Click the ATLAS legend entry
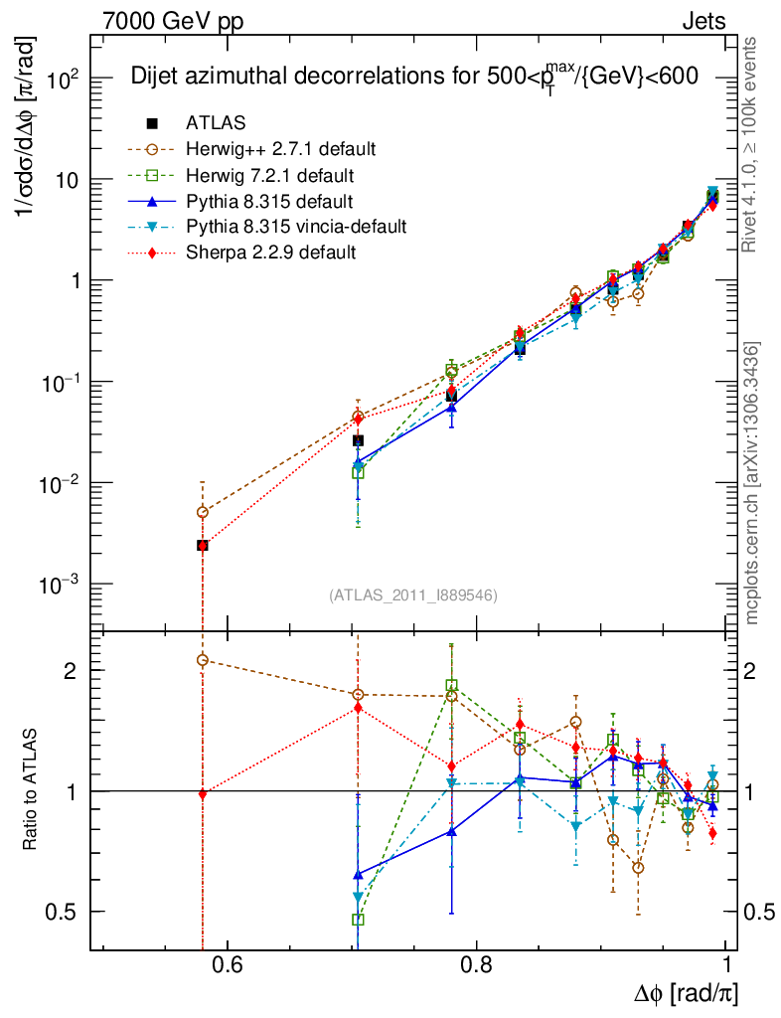pyautogui.click(x=216, y=123)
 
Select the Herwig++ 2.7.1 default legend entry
pyautogui.click(x=281, y=149)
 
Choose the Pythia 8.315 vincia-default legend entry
pyautogui.click(x=296, y=227)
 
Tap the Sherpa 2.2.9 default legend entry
pyautogui.click(x=271, y=253)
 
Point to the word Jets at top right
pyautogui.click(x=703, y=21)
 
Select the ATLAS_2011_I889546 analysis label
pyautogui.click(x=412, y=595)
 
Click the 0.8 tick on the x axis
pyautogui.click(x=476, y=965)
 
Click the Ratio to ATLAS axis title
pyautogui.click(x=32, y=790)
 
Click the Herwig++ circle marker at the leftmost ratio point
pyautogui.click(x=203, y=660)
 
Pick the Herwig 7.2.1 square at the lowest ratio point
pyautogui.click(x=358, y=920)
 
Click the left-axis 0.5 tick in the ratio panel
pyautogui.click(x=69, y=912)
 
